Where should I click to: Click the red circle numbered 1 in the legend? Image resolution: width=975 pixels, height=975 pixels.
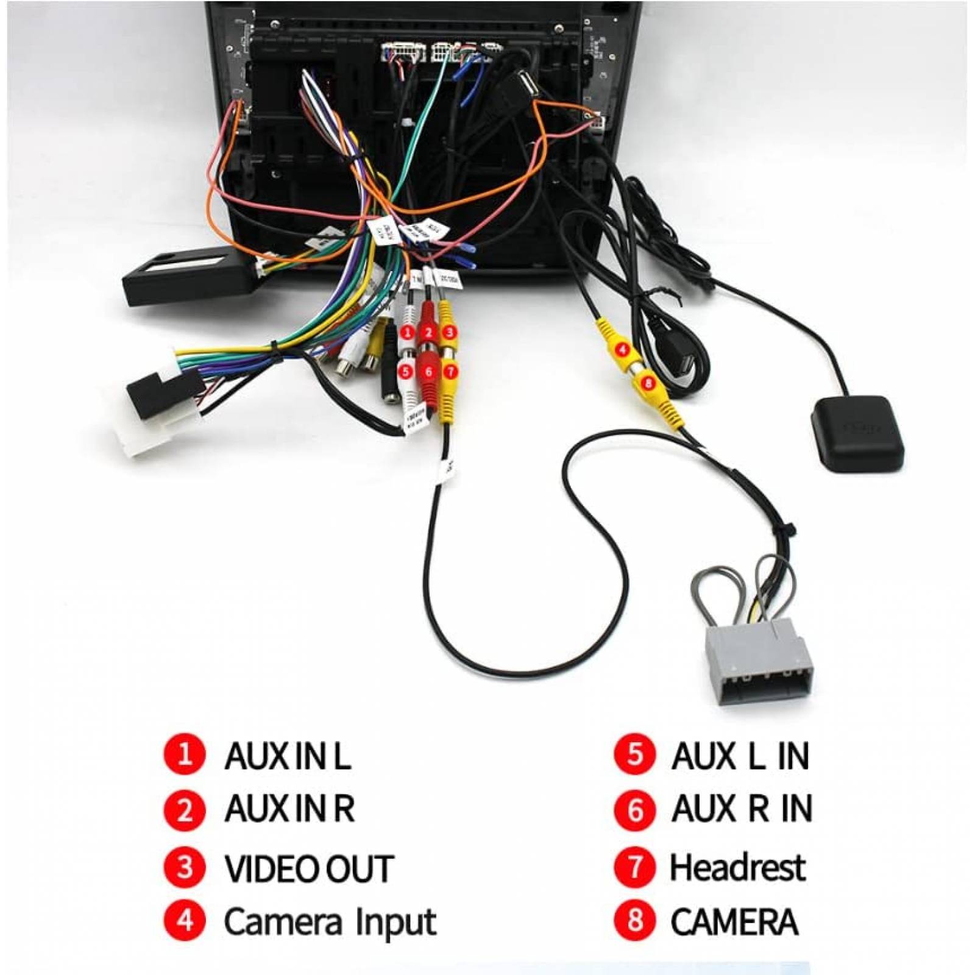point(184,755)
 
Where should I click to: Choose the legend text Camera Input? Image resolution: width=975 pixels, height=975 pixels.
point(330,922)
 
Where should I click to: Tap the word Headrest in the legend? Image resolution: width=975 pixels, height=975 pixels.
point(737,867)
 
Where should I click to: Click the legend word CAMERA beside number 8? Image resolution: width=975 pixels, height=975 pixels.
point(734,922)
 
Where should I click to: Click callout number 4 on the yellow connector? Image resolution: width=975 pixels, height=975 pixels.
point(622,350)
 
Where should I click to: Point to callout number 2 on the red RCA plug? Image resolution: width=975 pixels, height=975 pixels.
point(428,333)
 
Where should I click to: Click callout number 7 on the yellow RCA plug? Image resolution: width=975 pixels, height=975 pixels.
point(449,370)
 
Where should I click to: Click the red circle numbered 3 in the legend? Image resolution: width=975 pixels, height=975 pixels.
point(184,867)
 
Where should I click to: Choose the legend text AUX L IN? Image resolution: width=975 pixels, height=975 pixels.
point(740,756)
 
